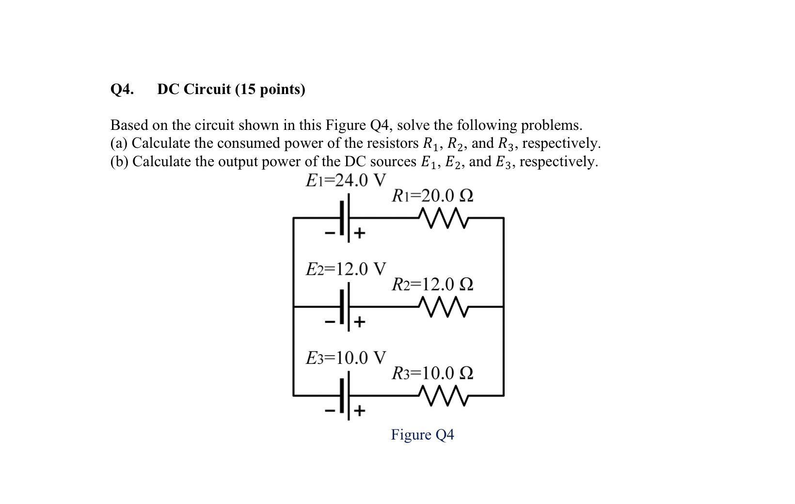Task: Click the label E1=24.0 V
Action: click(346, 180)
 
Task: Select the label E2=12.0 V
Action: click(346, 268)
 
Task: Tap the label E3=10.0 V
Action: click(346, 358)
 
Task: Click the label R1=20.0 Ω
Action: click(432, 196)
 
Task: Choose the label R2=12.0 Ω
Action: click(432, 284)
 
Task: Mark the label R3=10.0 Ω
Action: click(432, 373)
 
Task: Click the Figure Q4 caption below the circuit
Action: click(422, 435)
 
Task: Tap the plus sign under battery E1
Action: click(359, 234)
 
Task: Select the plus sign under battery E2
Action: click(359, 322)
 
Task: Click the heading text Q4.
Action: click(122, 90)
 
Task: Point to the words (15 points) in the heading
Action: click(270, 90)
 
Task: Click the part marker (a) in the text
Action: click(119, 143)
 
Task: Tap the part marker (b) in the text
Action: click(120, 161)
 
